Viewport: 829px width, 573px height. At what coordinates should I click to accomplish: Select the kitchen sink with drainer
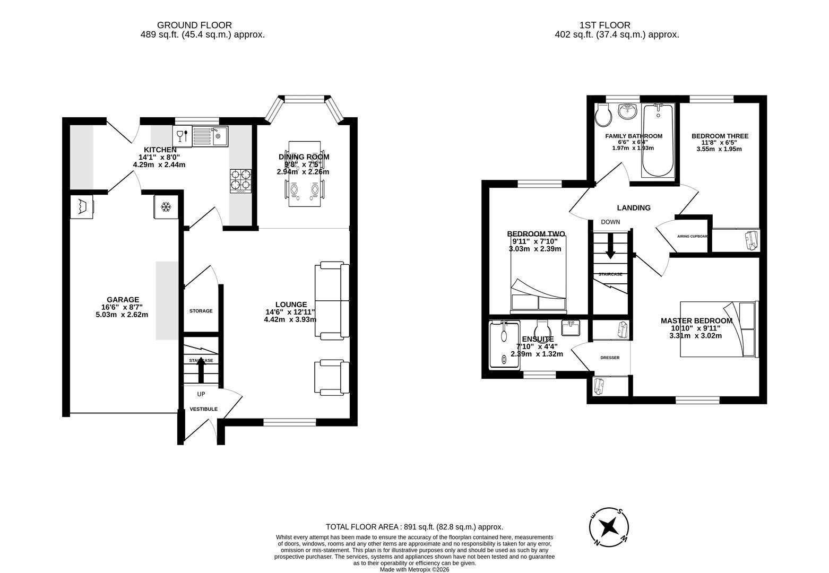click(210, 136)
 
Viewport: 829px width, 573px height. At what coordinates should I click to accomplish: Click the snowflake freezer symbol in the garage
click(166, 206)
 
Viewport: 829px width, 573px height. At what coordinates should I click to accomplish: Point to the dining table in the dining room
click(305, 174)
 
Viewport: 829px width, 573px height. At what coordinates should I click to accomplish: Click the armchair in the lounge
click(332, 378)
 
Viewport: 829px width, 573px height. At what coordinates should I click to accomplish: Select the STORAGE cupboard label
click(201, 311)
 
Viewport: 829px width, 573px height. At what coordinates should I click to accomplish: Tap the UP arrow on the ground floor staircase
click(201, 369)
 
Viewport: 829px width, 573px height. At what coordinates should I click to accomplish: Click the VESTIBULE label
click(204, 409)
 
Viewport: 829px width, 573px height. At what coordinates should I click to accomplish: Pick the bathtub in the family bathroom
click(658, 141)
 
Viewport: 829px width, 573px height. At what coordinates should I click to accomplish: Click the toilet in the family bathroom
click(603, 115)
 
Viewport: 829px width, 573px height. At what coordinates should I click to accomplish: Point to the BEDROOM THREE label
click(720, 136)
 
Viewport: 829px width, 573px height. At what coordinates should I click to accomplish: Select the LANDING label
click(634, 208)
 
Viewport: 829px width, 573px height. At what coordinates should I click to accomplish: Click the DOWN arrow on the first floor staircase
click(610, 247)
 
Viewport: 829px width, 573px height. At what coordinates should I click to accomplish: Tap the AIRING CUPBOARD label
click(692, 236)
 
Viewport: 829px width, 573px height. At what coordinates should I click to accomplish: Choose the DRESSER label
click(610, 358)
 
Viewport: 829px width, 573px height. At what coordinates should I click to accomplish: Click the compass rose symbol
click(609, 527)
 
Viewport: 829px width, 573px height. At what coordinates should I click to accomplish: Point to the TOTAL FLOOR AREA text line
click(414, 527)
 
